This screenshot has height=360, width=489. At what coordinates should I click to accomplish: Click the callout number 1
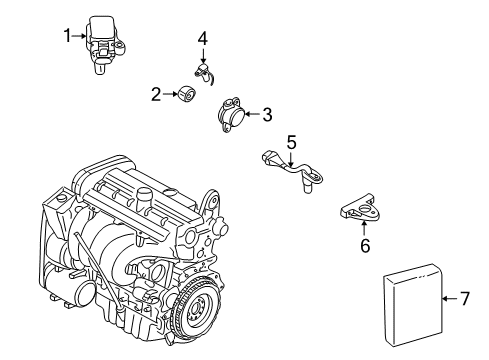click(x=67, y=37)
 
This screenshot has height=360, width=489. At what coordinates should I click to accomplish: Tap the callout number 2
click(x=156, y=94)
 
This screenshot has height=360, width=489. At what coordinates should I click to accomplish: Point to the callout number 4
click(x=202, y=39)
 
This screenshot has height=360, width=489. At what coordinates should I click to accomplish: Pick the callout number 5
click(x=291, y=141)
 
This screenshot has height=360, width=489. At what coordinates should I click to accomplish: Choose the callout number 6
click(x=364, y=244)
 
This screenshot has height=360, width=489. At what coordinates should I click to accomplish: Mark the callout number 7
click(x=464, y=297)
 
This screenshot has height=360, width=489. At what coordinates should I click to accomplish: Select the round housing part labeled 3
click(x=231, y=116)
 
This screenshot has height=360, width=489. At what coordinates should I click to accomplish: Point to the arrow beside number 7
click(x=449, y=297)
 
